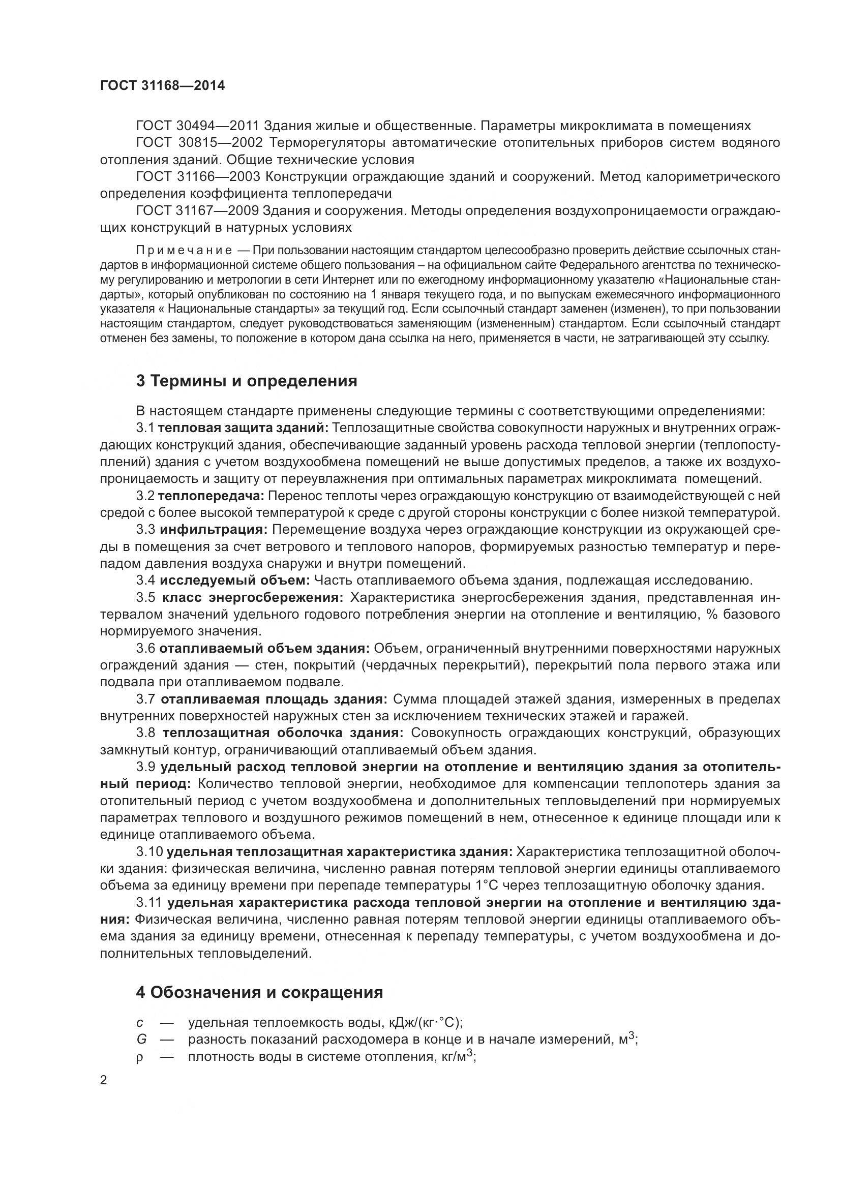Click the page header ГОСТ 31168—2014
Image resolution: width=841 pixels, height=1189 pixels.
point(163,85)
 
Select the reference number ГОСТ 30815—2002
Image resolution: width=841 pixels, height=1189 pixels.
point(199,142)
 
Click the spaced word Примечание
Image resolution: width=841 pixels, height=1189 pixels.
point(184,251)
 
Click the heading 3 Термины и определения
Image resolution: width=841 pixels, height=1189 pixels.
point(247,381)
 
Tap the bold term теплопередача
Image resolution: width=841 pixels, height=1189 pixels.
point(211,496)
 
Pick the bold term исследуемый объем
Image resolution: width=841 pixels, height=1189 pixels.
point(234,580)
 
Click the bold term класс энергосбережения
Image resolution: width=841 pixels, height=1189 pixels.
point(253,597)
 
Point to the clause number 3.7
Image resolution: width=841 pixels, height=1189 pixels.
point(145,699)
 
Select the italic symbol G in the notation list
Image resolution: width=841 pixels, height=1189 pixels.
point(141,1040)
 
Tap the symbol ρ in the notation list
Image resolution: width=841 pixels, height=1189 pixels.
point(139,1057)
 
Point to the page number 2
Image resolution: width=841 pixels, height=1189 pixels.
point(104,1080)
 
